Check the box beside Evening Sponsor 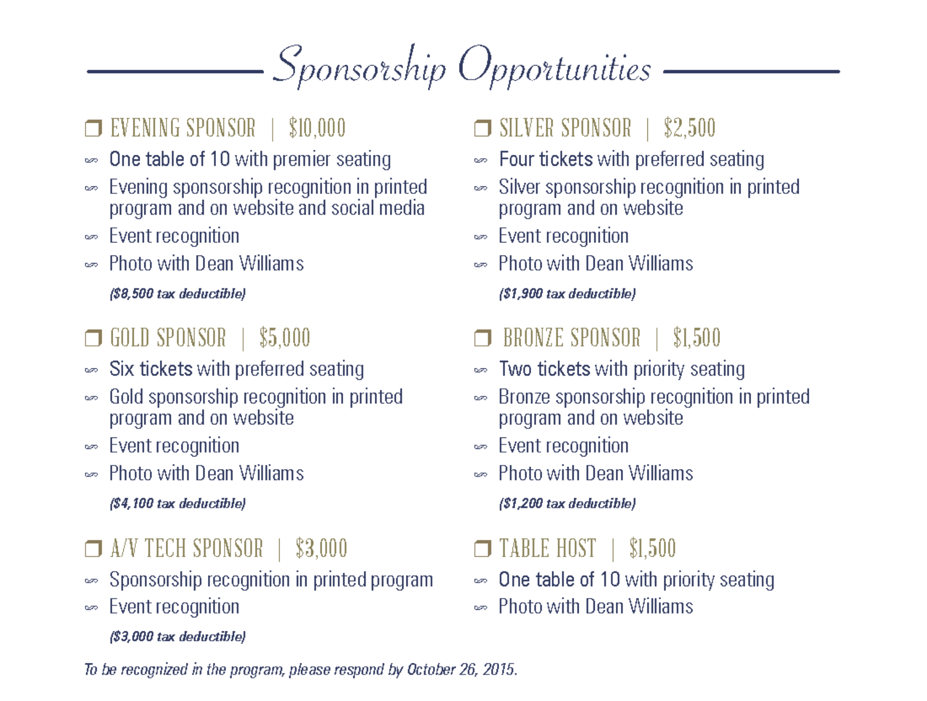click(x=93, y=128)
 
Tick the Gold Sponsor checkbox click(x=93, y=338)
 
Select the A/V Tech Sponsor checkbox click(x=93, y=549)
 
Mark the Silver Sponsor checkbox click(x=483, y=128)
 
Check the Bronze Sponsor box click(x=483, y=338)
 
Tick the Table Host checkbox click(x=483, y=549)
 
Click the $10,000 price click(x=317, y=128)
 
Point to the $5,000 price click(x=285, y=338)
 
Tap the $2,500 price click(x=689, y=128)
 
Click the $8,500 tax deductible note click(x=177, y=294)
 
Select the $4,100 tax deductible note click(x=177, y=504)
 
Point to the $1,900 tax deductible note click(x=567, y=294)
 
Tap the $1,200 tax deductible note click(x=567, y=504)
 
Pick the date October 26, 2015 click(x=461, y=669)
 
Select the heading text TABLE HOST click(x=548, y=549)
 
